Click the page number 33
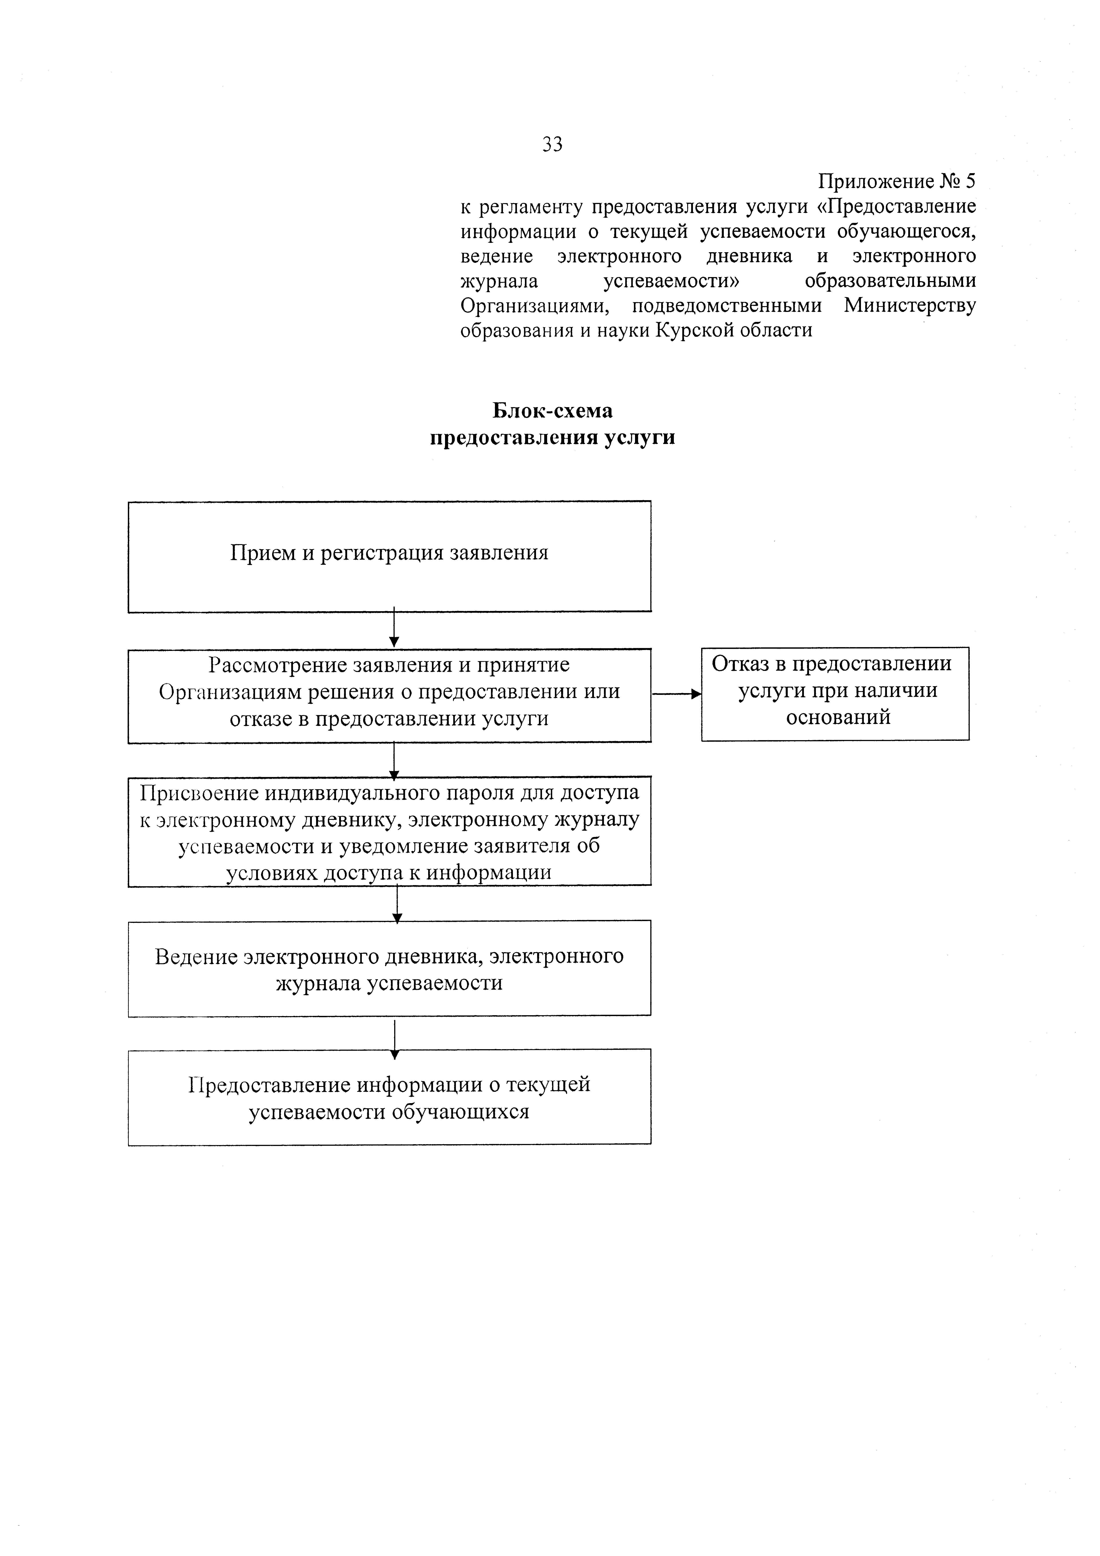pos(552,144)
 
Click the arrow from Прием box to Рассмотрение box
pos(394,629)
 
